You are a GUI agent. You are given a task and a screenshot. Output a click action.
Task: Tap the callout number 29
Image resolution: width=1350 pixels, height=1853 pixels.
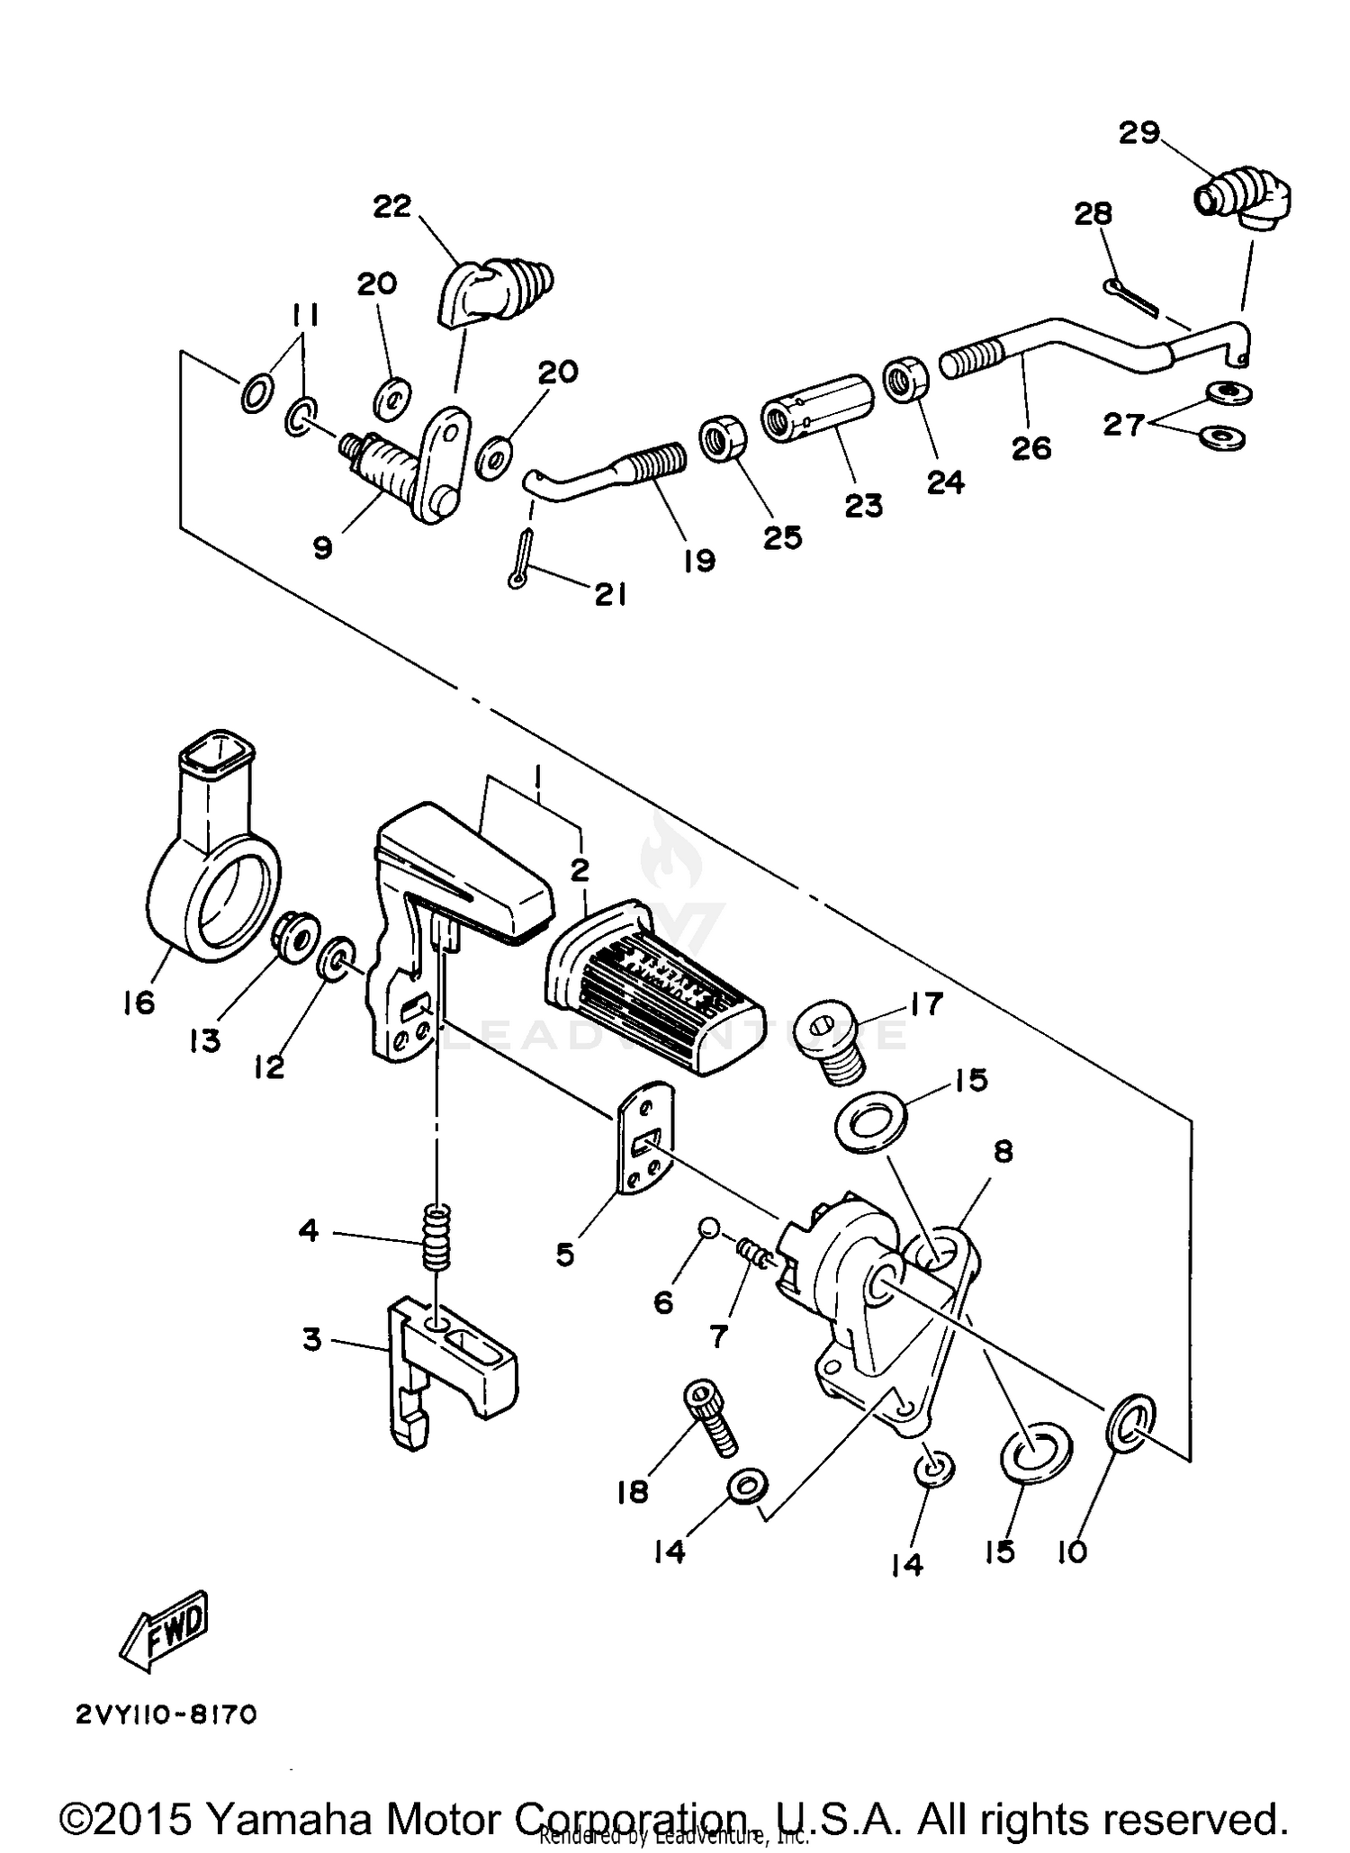1138,133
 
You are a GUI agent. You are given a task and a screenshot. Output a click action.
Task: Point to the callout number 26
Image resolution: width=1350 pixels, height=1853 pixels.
1031,447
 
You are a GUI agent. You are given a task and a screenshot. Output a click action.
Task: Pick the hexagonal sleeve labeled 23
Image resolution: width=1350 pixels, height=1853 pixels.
818,408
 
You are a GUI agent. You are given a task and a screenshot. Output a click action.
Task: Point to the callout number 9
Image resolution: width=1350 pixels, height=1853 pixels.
322,547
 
